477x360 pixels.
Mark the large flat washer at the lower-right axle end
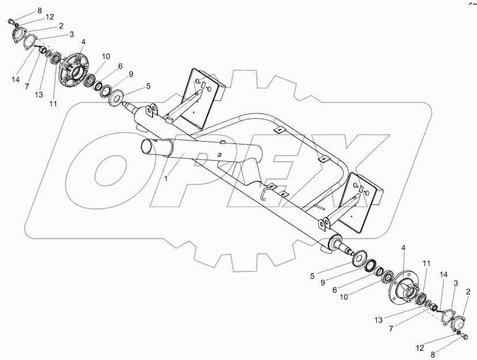click(362, 257)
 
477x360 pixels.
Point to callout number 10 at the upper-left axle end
click(106, 56)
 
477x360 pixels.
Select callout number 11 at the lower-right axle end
click(426, 263)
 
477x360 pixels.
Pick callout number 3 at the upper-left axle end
click(71, 34)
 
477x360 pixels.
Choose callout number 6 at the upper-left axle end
click(120, 66)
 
